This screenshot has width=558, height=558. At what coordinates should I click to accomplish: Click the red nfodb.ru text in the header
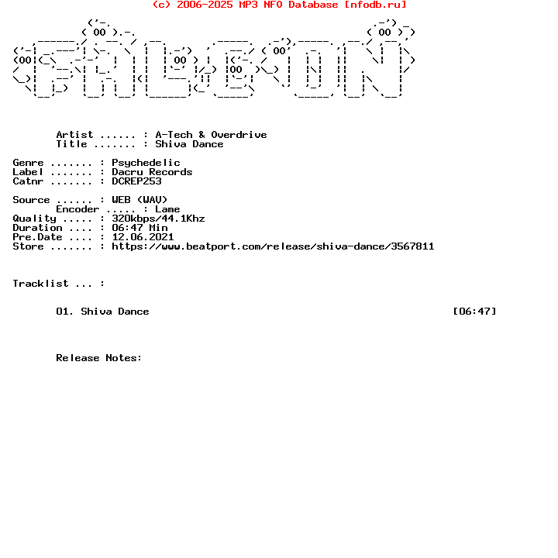[378, 5]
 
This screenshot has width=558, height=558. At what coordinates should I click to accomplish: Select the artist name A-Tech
[174, 135]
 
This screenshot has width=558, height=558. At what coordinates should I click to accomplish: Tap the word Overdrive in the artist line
[239, 135]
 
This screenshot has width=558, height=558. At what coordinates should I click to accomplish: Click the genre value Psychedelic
[146, 163]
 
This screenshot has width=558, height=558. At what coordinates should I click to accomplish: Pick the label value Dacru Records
[152, 172]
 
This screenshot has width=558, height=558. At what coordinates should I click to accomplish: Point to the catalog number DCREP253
[136, 181]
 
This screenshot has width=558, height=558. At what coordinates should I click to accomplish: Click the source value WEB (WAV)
[139, 200]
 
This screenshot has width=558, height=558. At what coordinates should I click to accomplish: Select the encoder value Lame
[167, 209]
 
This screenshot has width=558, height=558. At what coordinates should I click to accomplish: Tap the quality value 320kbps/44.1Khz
[158, 219]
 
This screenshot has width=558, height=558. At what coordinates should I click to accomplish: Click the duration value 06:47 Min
[139, 228]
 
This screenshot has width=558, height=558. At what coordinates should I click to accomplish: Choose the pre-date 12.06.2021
[143, 237]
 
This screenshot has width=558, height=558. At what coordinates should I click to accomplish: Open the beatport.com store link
[273, 246]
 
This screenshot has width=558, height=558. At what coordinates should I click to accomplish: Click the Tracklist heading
[40, 284]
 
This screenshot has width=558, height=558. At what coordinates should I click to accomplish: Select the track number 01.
[62, 312]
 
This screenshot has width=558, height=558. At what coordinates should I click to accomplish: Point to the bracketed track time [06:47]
[475, 312]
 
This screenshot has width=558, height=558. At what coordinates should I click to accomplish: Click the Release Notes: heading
[99, 358]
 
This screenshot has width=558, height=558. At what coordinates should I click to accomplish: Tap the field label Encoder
[77, 209]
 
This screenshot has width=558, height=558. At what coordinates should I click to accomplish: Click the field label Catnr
[28, 181]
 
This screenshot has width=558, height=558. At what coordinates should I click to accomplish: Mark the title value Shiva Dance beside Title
[189, 144]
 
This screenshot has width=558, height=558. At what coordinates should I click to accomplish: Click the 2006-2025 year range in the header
[205, 5]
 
